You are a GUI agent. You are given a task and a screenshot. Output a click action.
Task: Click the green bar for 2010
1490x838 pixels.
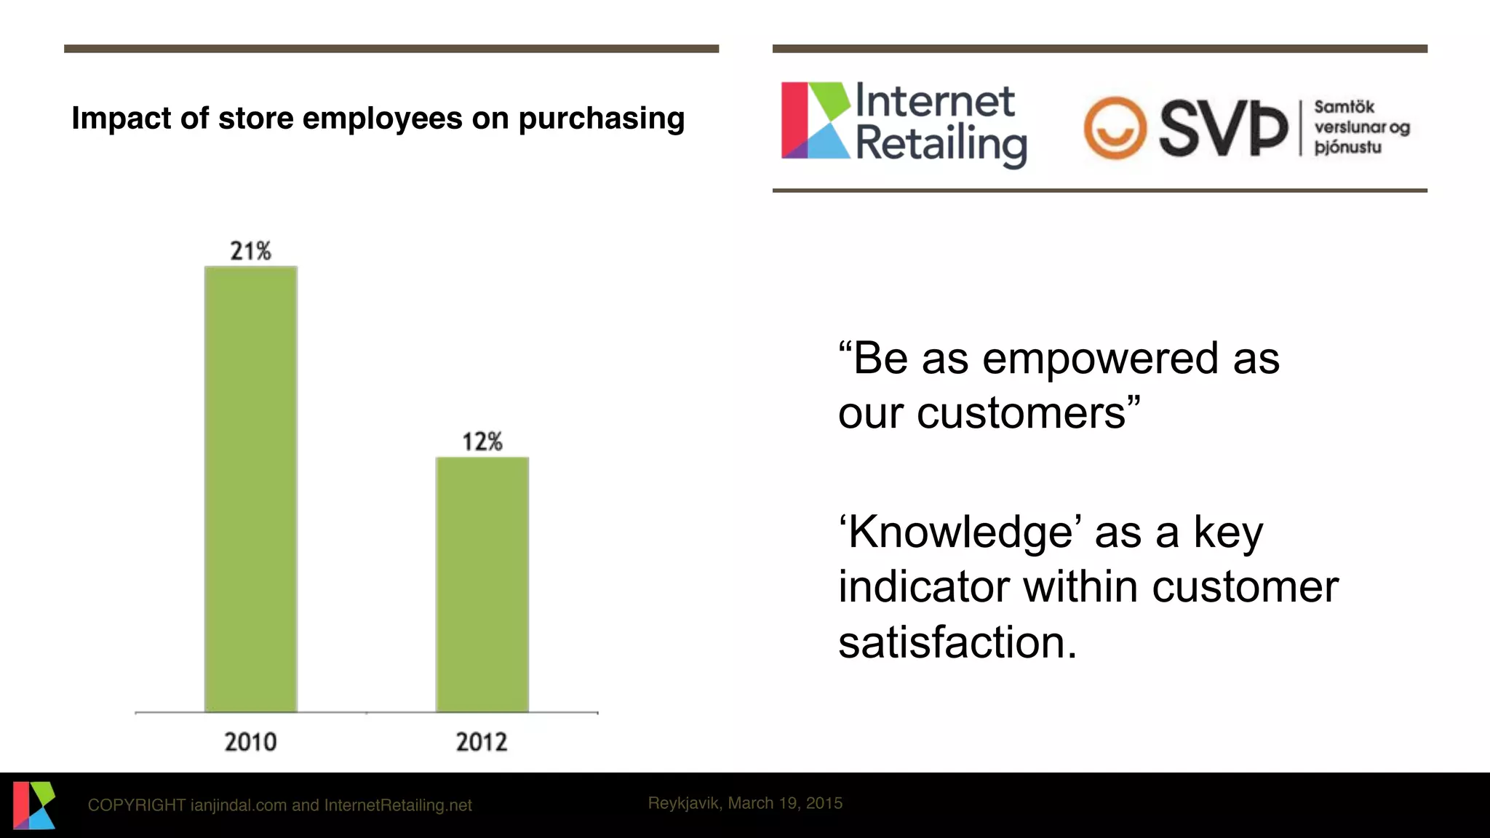251,489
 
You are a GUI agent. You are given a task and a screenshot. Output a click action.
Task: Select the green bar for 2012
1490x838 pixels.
482,584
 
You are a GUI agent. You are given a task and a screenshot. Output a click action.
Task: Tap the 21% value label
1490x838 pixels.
251,251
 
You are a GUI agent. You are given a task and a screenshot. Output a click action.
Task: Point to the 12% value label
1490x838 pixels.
482,442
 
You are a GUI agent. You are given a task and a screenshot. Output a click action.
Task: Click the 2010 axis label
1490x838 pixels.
251,742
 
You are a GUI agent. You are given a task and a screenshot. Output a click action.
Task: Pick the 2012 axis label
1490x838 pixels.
482,742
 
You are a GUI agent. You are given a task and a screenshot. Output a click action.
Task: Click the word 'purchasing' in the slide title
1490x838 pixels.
601,119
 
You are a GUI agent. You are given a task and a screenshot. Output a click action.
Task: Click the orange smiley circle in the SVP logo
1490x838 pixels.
1115,128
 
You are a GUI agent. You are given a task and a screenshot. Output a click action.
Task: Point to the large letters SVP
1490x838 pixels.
1222,129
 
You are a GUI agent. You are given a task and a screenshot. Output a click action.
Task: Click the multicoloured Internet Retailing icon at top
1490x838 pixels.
815,121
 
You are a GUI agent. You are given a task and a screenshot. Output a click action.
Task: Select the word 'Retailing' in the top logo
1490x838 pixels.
941,145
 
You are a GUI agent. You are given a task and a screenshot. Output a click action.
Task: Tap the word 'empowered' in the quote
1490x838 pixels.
1100,359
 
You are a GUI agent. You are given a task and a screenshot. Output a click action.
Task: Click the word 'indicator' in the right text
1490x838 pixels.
924,587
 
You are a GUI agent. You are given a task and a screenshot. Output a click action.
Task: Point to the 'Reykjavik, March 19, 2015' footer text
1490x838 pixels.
745,803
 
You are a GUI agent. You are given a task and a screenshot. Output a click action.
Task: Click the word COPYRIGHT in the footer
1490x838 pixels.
136,805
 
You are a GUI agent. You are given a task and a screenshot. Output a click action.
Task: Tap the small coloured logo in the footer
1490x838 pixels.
33,805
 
